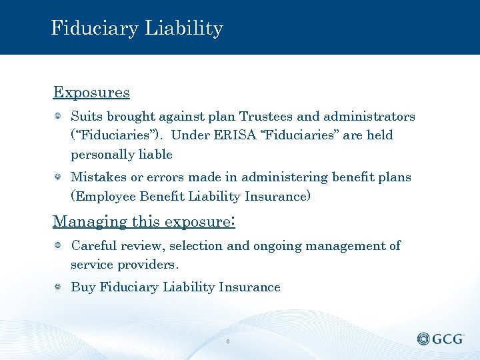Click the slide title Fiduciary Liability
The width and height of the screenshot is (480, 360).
137,28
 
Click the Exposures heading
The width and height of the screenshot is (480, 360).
91,92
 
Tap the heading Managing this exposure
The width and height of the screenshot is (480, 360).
143,221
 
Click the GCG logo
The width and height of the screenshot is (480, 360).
441,339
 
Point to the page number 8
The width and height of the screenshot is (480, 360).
228,342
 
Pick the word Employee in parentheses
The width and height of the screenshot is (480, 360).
103,197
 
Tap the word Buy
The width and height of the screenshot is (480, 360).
83,287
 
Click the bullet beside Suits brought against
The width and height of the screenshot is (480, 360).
59,117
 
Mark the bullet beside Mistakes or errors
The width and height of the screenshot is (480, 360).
59,177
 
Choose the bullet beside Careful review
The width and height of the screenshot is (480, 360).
59,246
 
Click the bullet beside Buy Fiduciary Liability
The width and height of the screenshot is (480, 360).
59,287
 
